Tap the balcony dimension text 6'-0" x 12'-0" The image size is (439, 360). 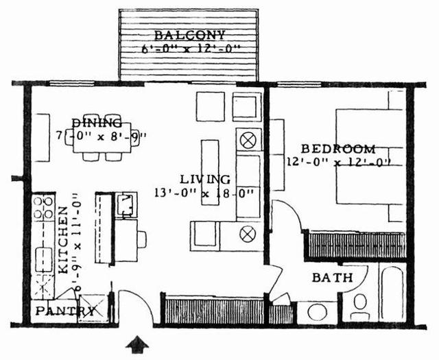click(189, 49)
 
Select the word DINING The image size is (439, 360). click(102, 121)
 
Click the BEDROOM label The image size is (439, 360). click(339, 149)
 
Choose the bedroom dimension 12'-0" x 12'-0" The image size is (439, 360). click(339, 163)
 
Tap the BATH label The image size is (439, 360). click(332, 278)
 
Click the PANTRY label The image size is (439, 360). click(66, 311)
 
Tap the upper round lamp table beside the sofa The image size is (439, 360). click(248, 141)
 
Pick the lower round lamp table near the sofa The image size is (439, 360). click(248, 235)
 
